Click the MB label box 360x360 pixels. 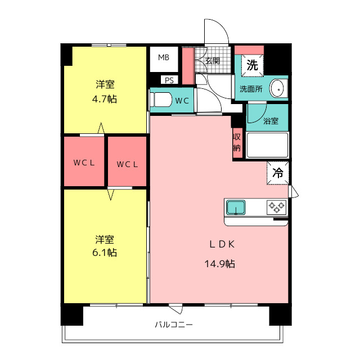(164, 58)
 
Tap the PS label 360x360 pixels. (169, 80)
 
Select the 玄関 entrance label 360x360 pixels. (212, 61)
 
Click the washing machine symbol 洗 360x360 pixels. (253, 65)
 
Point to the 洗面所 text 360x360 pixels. (251, 89)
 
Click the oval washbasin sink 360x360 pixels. (277, 88)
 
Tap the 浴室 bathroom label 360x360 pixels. (271, 121)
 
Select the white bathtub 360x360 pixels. (268, 145)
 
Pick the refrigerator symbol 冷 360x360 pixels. (277, 173)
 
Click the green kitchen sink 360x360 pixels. (236, 208)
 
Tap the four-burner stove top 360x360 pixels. (276, 207)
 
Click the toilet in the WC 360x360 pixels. (161, 100)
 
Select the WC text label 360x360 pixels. (182, 101)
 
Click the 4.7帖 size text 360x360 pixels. (105, 99)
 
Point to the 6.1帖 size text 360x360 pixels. (105, 253)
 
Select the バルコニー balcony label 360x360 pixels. (174, 325)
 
